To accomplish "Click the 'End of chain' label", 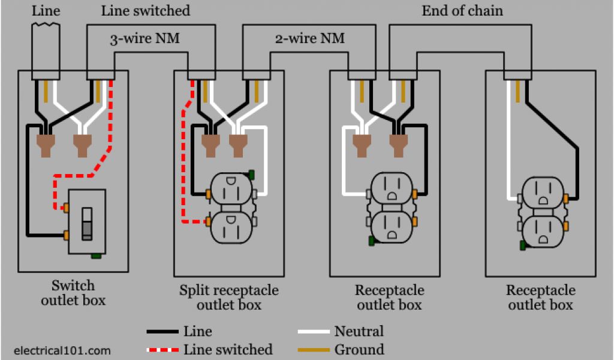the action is click(x=462, y=11).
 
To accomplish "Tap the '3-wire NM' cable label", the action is click(x=145, y=38).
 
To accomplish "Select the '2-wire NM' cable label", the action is click(x=310, y=38).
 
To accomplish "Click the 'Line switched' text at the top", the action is click(x=146, y=11).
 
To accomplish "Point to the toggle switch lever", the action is click(x=87, y=224).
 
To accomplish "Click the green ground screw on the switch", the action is click(x=96, y=256).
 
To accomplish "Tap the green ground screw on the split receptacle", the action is click(x=251, y=175).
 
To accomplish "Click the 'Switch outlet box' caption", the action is click(x=73, y=293).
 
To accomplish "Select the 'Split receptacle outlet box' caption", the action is click(x=229, y=298).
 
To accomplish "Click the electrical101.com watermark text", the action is click(x=62, y=350).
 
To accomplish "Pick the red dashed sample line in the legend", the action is click(x=162, y=350).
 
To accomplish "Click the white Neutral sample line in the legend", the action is click(x=313, y=332).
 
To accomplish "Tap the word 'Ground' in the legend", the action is click(x=359, y=349).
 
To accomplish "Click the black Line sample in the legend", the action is click(x=162, y=332).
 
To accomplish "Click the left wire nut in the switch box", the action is click(x=46, y=146).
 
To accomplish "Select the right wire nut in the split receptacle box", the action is click(x=237, y=146).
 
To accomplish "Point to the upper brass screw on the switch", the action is click(x=66, y=207).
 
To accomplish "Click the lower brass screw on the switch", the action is click(x=66, y=235).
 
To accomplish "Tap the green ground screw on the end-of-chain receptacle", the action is click(x=522, y=245).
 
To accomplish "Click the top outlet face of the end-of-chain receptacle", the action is click(x=543, y=192).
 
